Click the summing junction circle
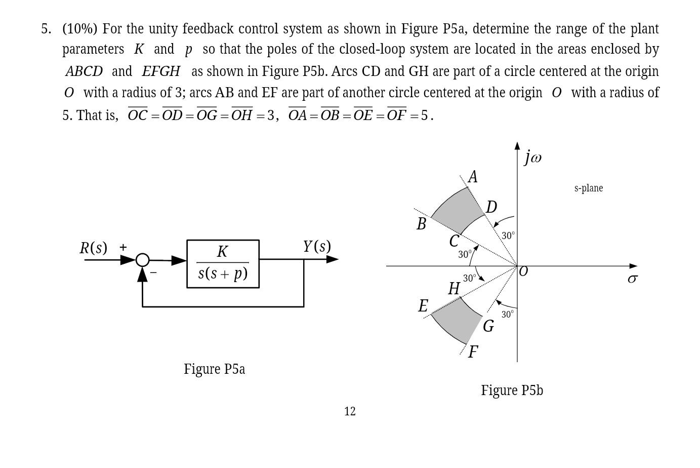pos(143,260)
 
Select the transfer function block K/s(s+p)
pos(223,263)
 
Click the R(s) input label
pos(94,248)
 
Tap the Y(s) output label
pos(317,247)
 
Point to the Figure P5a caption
pos(214,369)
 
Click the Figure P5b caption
pos(512,391)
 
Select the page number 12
pos(350,411)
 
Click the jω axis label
pos(533,157)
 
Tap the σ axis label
pos(632,279)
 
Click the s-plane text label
pos(588,188)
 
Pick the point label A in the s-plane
pos(473,177)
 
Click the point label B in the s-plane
pos(421,224)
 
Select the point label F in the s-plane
pos(473,352)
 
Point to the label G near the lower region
pos(488,326)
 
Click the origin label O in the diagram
pos(523,271)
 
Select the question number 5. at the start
pos(46,29)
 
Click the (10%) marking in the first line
pos(79,29)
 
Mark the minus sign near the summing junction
pos(154,272)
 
